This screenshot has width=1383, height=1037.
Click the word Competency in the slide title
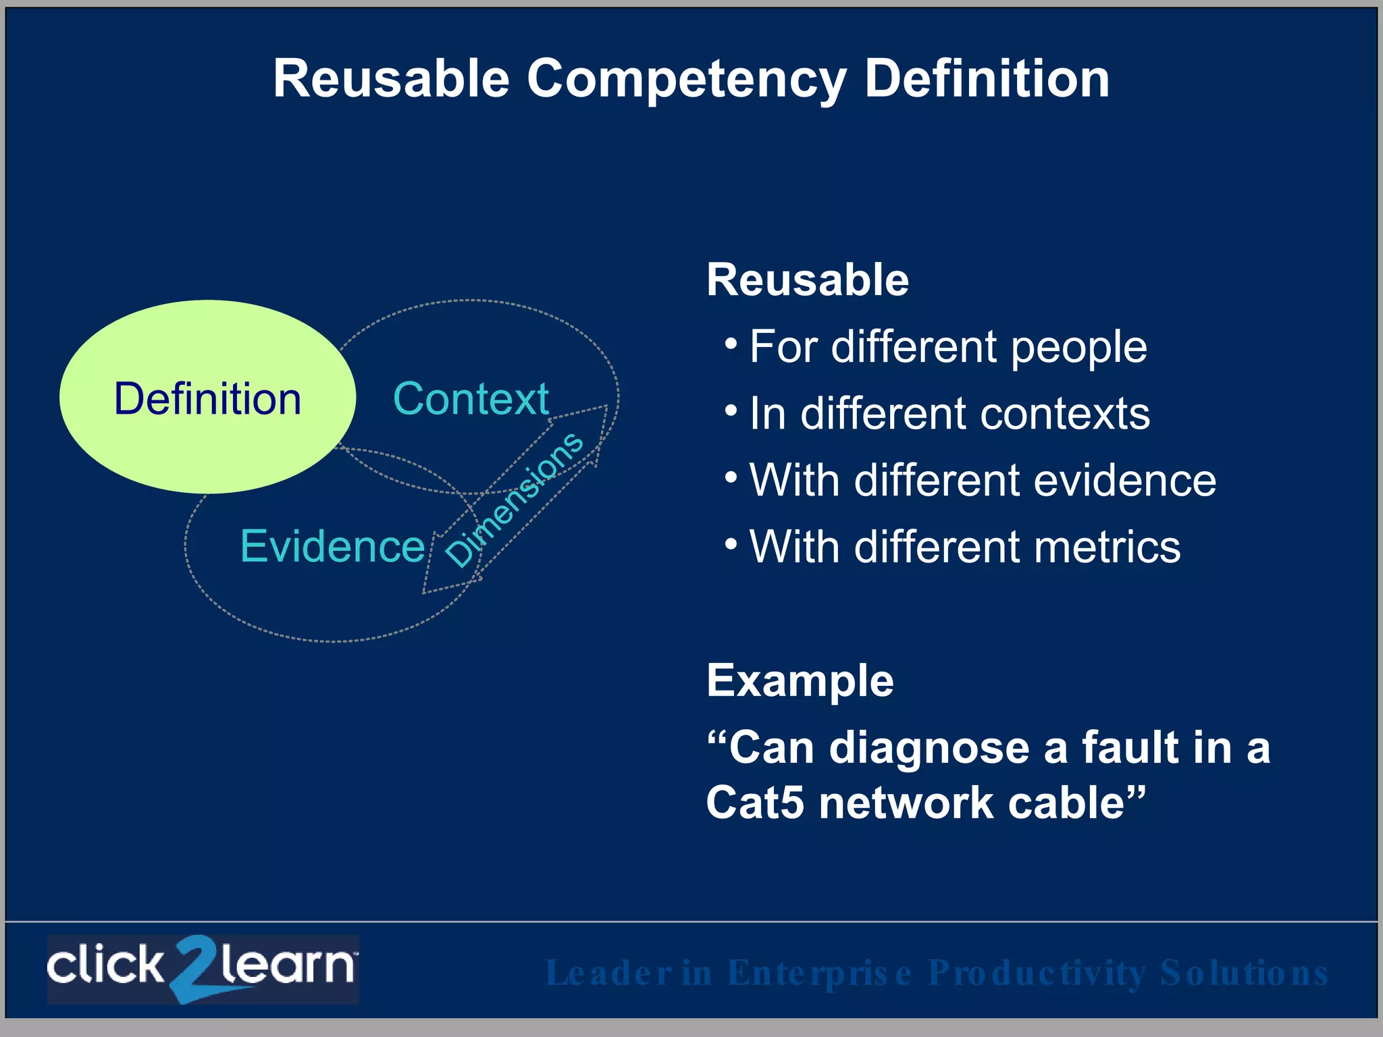coord(686,80)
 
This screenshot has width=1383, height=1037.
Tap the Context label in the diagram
coord(471,398)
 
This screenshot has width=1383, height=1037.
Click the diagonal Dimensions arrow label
coord(515,500)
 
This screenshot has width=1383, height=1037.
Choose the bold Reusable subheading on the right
coord(808,280)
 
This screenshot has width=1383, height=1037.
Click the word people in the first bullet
coord(1078,348)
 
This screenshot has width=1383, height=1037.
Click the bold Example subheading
coord(800,681)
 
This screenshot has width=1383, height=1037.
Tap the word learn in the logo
coord(287,965)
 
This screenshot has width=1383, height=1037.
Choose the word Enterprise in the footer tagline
coord(819,974)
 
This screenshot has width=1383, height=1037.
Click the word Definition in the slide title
coord(987,80)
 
